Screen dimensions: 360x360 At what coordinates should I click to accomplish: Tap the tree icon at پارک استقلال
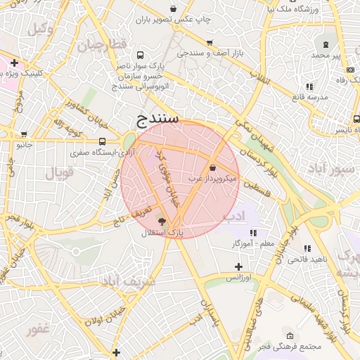pos(163,221)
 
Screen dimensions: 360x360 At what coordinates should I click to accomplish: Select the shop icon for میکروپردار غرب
pos(213,167)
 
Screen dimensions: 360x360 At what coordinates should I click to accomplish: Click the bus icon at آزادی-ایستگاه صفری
pos(102,141)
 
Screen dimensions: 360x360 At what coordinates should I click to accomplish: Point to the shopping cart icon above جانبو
pos(25,134)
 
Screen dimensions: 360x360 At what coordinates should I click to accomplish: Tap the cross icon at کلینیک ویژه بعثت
pos(14,63)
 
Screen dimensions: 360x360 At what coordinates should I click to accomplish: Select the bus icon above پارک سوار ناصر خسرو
pos(141,54)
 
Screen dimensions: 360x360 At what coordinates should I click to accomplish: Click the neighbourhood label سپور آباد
pos(325,169)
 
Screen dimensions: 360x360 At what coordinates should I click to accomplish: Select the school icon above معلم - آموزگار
pos(253,233)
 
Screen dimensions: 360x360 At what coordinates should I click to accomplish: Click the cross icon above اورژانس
pos(239,266)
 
